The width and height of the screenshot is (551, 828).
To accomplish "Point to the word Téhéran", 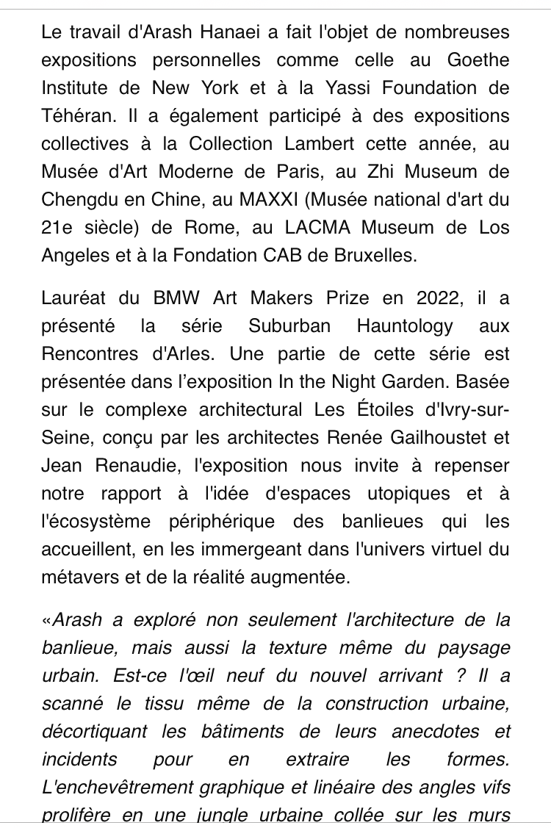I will pos(73,116).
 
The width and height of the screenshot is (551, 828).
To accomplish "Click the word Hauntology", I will pos(405,326).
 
